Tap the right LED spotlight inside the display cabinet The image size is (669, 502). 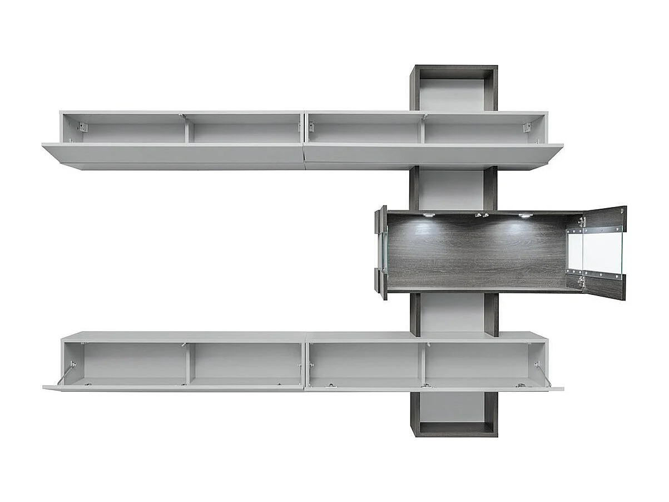tap(525, 215)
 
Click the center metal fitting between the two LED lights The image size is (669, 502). tap(482, 215)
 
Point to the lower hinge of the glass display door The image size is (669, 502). tap(581, 281)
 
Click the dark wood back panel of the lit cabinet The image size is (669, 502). tap(478, 256)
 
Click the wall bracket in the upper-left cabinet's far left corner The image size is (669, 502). tap(82, 127)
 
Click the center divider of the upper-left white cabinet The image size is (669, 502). tap(189, 129)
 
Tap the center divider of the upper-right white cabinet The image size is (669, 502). tap(422, 129)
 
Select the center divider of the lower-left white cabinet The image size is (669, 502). tap(189, 363)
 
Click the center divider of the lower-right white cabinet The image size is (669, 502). tap(422, 363)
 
